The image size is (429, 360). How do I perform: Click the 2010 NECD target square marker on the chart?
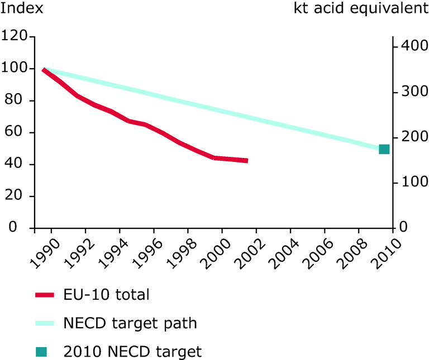pos(384,149)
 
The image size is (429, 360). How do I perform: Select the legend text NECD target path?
pos(130,323)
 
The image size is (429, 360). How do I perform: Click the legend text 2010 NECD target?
pos(132,352)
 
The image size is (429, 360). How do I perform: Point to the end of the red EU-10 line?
pos(246,161)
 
